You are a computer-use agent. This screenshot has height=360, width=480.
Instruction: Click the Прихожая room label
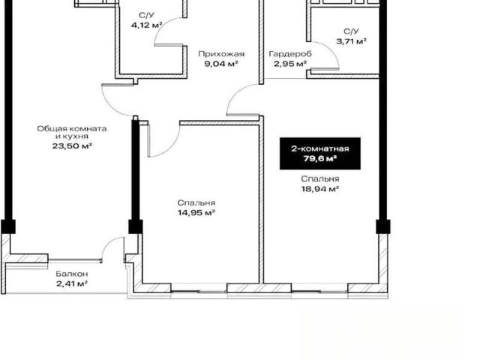tap(221, 54)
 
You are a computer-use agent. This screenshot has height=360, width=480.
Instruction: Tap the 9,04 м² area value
tap(221, 64)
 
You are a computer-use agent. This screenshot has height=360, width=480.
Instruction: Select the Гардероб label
tap(290, 54)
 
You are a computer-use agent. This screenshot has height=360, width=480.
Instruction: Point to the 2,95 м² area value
tap(290, 64)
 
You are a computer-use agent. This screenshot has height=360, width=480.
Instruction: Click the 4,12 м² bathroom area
tap(147, 25)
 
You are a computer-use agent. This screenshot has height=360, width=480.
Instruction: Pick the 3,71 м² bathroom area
tap(352, 41)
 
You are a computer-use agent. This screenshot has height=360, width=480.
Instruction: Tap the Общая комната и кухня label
tap(72, 132)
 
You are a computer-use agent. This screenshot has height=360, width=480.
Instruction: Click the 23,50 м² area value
tap(72, 145)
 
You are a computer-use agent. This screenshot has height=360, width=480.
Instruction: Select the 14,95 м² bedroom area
tap(196, 212)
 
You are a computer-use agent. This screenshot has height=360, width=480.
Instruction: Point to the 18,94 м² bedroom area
tap(320, 189)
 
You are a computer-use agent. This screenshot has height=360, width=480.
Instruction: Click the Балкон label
tap(72, 274)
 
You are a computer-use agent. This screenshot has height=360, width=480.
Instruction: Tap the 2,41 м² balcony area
tap(72, 283)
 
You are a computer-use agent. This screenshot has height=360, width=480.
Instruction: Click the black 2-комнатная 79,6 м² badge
tap(320, 154)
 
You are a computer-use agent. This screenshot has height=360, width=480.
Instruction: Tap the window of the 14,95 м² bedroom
tap(199, 291)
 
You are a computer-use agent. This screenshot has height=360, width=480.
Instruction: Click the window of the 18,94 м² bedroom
tap(319, 291)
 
